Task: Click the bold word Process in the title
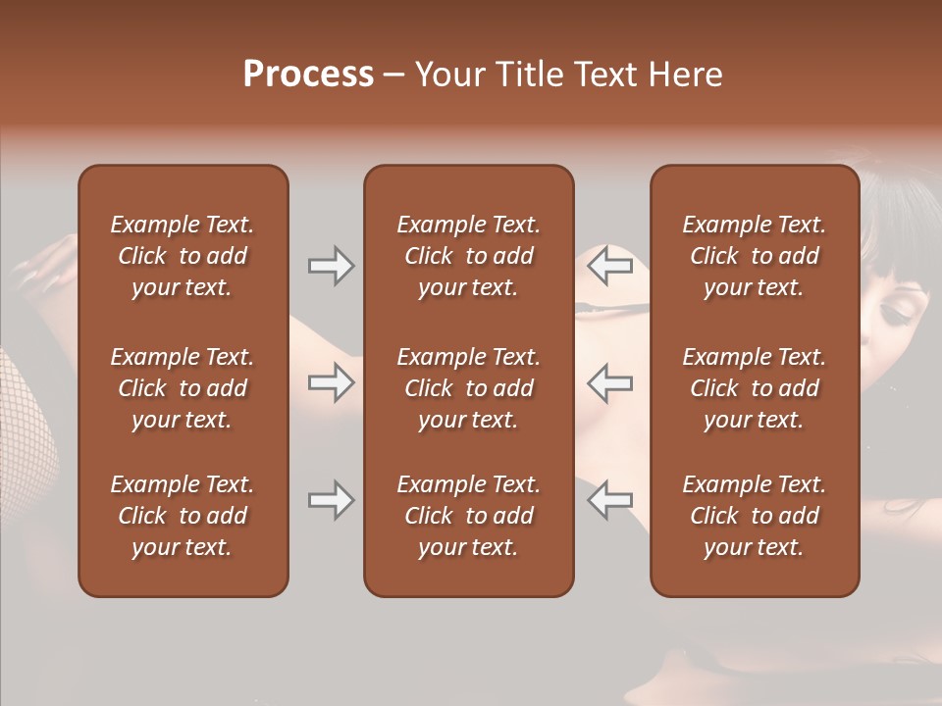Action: click(308, 75)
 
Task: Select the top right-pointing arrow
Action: click(331, 266)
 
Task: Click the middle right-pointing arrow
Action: click(331, 381)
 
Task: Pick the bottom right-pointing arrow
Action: click(331, 500)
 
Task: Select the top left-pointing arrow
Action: click(610, 266)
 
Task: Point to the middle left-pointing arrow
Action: click(610, 381)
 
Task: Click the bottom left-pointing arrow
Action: click(610, 500)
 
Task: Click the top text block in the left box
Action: click(183, 256)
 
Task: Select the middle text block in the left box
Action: click(183, 388)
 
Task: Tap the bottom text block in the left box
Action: click(183, 516)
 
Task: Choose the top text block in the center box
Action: click(468, 256)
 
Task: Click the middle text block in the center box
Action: click(468, 388)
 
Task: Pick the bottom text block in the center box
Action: click(468, 516)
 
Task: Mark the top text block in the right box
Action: click(754, 256)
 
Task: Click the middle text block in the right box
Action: click(754, 388)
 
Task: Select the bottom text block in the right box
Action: click(754, 516)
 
